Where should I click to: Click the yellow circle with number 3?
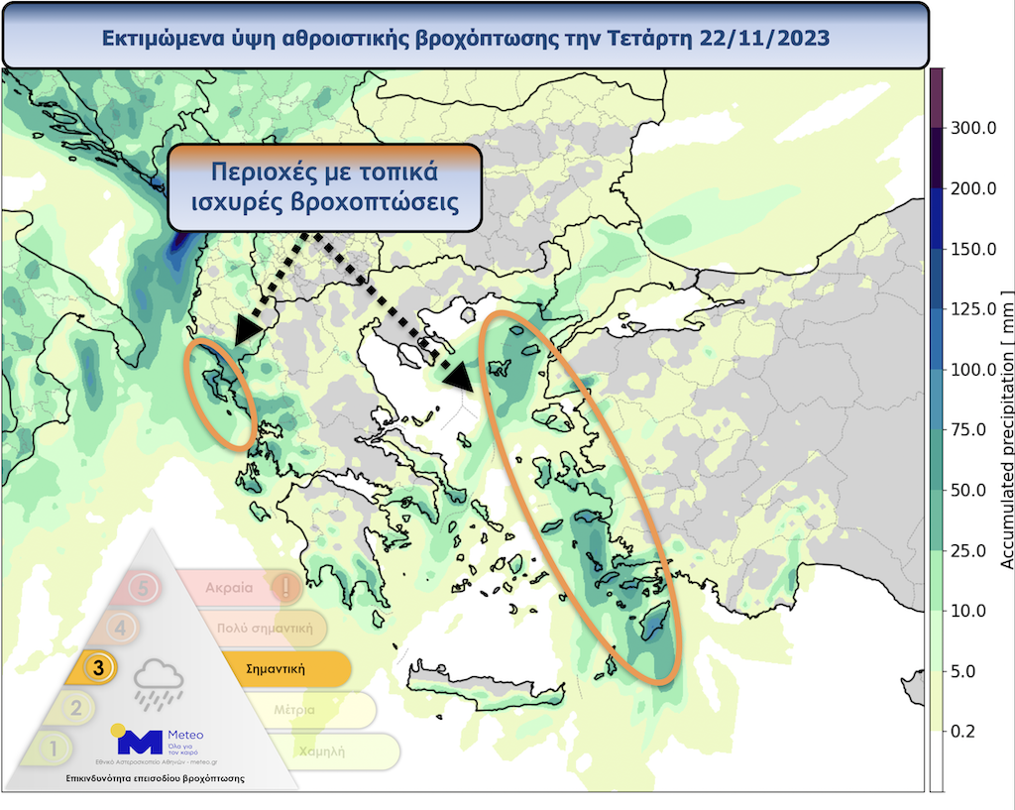point(98,668)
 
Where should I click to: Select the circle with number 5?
point(145,587)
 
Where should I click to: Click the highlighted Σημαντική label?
point(275,668)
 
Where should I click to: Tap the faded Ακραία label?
point(229,587)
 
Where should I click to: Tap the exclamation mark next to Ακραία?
point(285,587)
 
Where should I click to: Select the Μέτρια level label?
point(294,710)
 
